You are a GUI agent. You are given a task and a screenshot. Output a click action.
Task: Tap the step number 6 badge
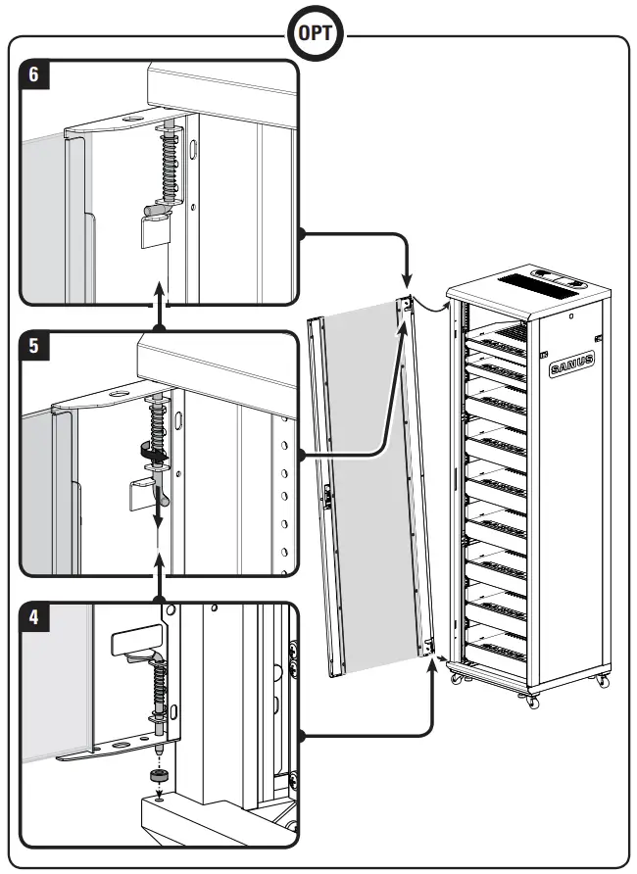(34, 76)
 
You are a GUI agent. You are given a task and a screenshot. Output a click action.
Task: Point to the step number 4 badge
(34, 619)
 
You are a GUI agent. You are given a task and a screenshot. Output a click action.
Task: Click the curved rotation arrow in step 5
(150, 452)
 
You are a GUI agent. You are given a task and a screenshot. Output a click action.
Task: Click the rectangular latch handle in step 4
(135, 643)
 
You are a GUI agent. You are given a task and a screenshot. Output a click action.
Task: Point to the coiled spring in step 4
(160, 686)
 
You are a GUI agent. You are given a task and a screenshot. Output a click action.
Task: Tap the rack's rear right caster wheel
(601, 679)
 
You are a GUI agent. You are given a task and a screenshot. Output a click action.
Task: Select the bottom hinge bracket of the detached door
(428, 647)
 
